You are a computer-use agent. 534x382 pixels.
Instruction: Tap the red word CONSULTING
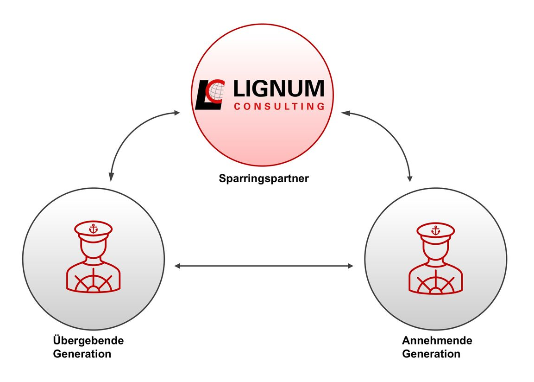[x=279, y=107]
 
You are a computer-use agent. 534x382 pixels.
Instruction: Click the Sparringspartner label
[x=264, y=178]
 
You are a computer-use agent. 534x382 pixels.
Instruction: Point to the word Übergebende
[x=88, y=340]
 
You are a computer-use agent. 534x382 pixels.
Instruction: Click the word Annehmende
[x=437, y=340]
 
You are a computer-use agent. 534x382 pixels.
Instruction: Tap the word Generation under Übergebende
[x=82, y=354]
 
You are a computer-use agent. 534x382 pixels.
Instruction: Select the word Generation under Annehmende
[x=431, y=354]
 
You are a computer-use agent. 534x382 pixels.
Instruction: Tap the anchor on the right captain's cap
[x=435, y=230]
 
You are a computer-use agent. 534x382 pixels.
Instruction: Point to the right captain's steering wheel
[x=435, y=282]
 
